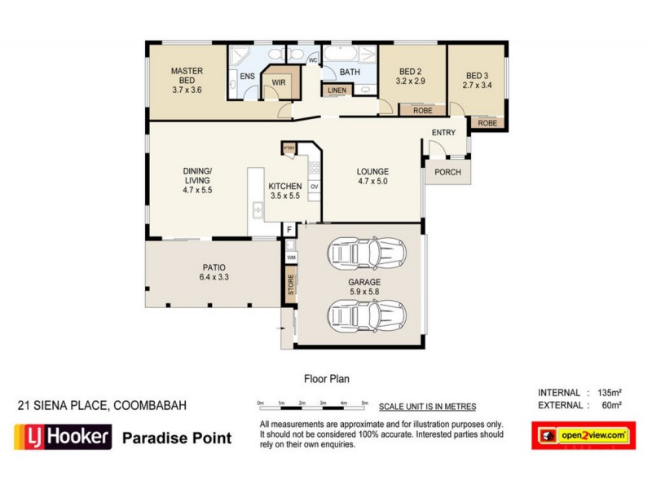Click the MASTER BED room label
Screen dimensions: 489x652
pyautogui.click(x=187, y=72)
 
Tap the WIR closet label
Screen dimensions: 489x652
pyautogui.click(x=279, y=82)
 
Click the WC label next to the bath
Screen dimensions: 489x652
pyautogui.click(x=312, y=61)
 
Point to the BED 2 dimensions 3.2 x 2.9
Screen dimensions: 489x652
pyautogui.click(x=410, y=82)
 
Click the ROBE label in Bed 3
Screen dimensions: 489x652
pyautogui.click(x=487, y=123)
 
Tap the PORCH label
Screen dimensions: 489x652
pyautogui.click(x=447, y=172)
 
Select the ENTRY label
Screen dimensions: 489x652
pyautogui.click(x=443, y=133)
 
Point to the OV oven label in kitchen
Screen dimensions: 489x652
pyautogui.click(x=313, y=187)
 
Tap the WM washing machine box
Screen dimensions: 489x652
pyautogui.click(x=291, y=258)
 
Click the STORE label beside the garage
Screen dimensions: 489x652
pyautogui.click(x=291, y=285)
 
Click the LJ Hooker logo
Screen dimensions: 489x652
pyautogui.click(x=62, y=438)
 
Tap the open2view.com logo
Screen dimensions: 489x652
pyautogui.click(x=583, y=436)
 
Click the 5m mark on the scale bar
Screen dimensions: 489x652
pyautogui.click(x=365, y=403)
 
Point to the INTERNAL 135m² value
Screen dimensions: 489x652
pyautogui.click(x=609, y=393)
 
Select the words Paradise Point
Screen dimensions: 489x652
pyautogui.click(x=176, y=438)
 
